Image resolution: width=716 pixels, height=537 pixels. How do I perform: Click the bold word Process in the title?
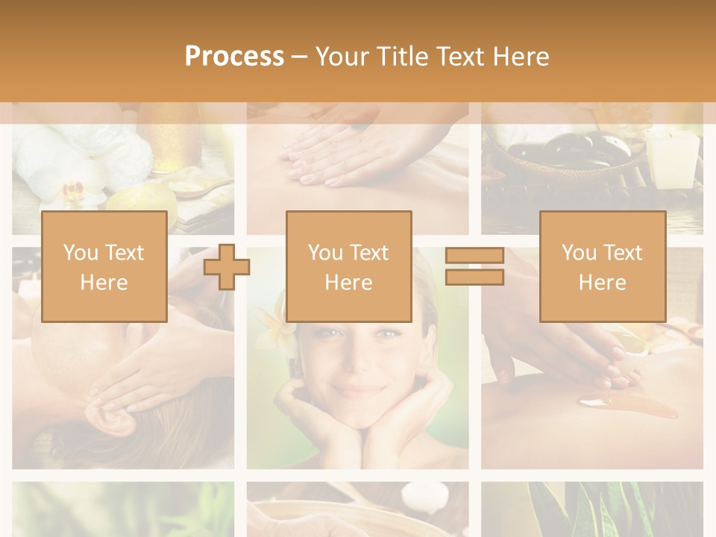tap(234, 56)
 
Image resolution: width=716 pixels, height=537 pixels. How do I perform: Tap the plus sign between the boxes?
tap(227, 266)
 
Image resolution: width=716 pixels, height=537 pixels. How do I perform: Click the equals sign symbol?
tap(474, 266)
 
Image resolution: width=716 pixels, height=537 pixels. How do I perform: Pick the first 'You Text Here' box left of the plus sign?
tap(104, 266)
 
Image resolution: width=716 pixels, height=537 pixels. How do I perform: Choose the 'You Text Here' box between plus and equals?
tap(349, 266)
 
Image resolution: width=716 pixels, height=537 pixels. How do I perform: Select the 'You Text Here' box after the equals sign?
tap(603, 266)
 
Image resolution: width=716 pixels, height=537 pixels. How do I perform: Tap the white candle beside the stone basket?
tap(673, 157)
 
